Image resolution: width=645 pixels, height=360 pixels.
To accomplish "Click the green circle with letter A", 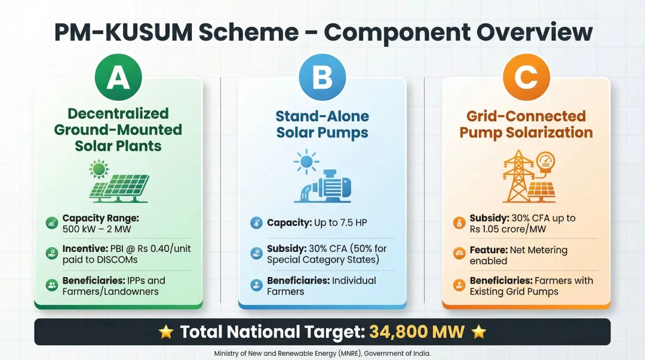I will (118, 78).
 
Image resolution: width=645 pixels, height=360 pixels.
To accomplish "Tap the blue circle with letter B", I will (322, 78).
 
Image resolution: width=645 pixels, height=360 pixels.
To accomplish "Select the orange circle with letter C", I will (526, 78).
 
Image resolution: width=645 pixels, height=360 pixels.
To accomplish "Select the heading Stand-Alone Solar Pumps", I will (322, 124).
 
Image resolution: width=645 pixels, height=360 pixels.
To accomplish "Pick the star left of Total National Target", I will (166, 332).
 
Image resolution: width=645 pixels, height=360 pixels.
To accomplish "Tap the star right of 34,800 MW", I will (478, 332).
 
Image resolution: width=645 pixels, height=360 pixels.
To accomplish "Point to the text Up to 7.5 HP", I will (340, 223).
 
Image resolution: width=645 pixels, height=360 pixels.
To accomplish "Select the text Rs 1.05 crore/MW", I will (508, 229).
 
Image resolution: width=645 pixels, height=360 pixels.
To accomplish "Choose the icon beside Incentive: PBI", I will (51, 254).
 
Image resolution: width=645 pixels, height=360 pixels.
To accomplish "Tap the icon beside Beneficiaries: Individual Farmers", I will (256, 285).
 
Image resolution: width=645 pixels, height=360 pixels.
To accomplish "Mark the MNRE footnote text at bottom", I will (322, 353).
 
